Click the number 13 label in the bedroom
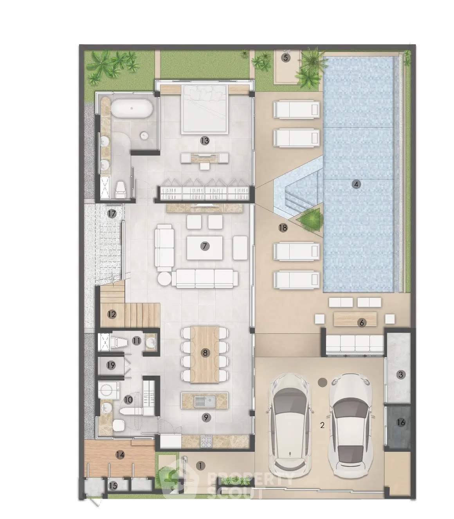pos(205,141)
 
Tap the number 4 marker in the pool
pos(356,184)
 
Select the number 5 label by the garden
pos(286,58)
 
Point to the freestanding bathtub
pos(132,108)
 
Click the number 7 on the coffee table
pos(205,246)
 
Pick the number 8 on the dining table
pos(205,353)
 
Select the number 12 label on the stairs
pos(112,315)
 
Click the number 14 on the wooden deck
pos(120,455)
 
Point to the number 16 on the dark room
pos(401,422)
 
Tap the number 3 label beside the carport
pos(401,375)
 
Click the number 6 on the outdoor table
pos(362,323)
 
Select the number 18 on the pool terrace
pos(283,228)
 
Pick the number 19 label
pos(111,365)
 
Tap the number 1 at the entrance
pos(200,466)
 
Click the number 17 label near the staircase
pos(112,214)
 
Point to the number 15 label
pos(113,486)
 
